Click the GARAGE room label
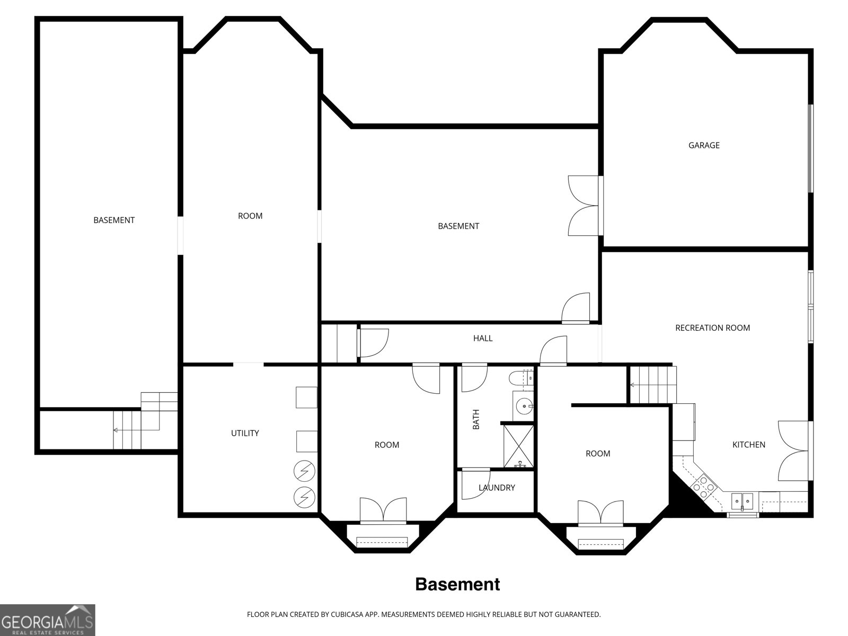(x=703, y=145)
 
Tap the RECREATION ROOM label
(x=712, y=328)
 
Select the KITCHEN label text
(x=748, y=445)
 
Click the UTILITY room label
(x=244, y=433)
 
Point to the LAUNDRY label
(x=497, y=488)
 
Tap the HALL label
(x=482, y=338)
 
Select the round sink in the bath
(x=524, y=407)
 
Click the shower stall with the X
(x=518, y=445)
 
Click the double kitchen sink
(x=742, y=499)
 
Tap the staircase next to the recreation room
(x=653, y=384)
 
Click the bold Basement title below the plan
(x=457, y=584)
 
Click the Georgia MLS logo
(x=47, y=619)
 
